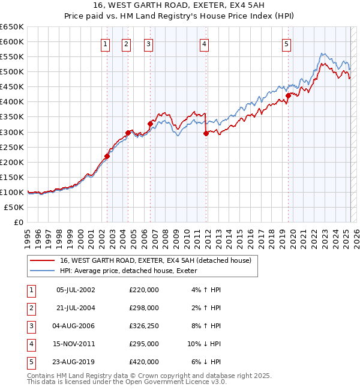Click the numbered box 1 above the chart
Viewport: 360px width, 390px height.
pos(106,43)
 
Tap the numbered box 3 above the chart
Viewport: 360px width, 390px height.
pos(148,43)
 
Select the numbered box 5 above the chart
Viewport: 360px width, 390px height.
pos(287,43)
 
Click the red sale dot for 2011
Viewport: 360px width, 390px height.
pos(206,133)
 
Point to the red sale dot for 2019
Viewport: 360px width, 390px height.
pos(289,95)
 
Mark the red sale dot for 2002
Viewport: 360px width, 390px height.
pos(107,156)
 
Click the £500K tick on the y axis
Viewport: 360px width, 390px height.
pos(12,71)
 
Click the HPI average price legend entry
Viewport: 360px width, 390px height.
pos(132,271)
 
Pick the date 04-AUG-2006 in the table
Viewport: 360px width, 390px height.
pos(76,326)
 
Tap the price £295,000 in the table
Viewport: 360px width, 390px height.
pos(144,344)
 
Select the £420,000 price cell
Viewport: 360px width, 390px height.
pos(144,362)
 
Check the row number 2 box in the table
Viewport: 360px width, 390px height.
pos(31,308)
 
